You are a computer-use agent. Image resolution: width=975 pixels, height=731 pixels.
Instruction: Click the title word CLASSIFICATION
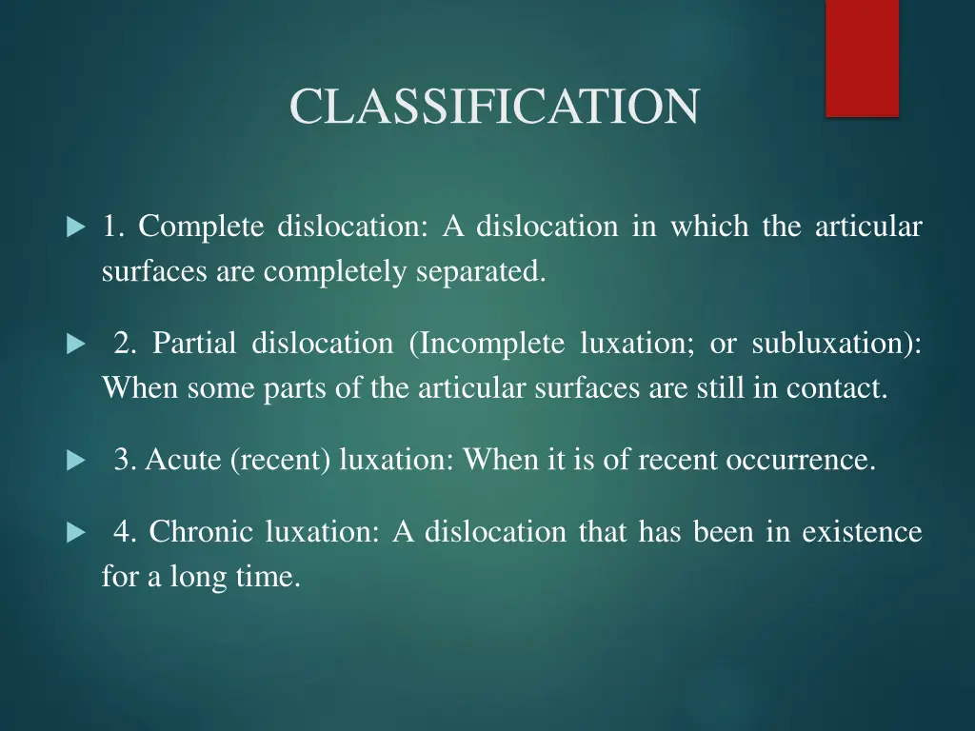coord(494,106)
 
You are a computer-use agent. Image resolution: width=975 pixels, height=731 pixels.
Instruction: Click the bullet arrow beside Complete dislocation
coord(76,228)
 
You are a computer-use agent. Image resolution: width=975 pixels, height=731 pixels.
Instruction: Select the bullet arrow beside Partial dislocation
coord(76,345)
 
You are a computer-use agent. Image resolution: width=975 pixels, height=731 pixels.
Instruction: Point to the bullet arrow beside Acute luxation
coord(76,462)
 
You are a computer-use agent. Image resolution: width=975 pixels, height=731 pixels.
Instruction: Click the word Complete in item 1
coord(201,227)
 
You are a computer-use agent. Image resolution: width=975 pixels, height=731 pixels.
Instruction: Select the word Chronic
coord(203,531)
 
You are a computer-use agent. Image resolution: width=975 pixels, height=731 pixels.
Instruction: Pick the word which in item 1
coord(709,227)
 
